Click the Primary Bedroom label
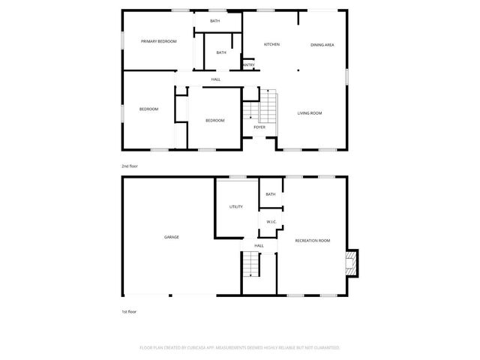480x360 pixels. coord(158,41)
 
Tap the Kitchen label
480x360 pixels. coord(271,45)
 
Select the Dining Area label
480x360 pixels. coord(322,45)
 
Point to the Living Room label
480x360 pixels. coord(310,113)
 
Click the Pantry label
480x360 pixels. coord(248,65)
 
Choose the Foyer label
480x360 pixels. coord(259,127)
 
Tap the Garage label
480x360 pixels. coord(172,237)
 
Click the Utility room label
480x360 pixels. coord(235,206)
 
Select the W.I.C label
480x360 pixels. coord(271,222)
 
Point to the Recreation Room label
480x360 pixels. coord(313,241)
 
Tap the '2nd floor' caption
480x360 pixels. coord(130,166)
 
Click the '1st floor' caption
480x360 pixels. coord(130,310)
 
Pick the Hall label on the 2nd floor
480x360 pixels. coord(216,79)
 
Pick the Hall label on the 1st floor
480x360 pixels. coord(259,245)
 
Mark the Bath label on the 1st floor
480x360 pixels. coord(270,194)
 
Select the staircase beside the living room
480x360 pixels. coord(268,106)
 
